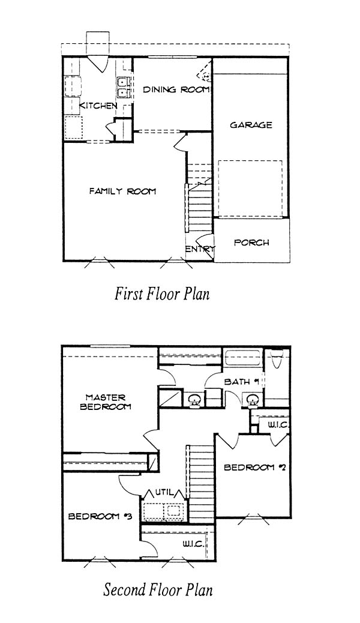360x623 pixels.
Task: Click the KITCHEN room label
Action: [x=98, y=106]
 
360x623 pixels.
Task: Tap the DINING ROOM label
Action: [x=176, y=89]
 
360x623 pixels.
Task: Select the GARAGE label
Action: [x=251, y=125]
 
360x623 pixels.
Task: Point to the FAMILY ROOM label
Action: [x=122, y=191]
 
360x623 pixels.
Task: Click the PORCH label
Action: [x=251, y=242]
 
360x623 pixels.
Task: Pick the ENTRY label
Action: [x=200, y=249]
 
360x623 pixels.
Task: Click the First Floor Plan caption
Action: [x=162, y=295]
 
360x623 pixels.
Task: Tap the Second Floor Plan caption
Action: [x=158, y=589]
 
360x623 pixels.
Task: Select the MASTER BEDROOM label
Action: [x=106, y=402]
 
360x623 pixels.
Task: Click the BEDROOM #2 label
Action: [x=255, y=467]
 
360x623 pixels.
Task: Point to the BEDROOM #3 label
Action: [x=100, y=517]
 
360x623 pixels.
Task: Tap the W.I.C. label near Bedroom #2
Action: [x=278, y=425]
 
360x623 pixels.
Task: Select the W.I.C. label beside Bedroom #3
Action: [x=194, y=544]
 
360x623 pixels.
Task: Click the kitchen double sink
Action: [x=123, y=87]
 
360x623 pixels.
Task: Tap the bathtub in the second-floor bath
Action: [x=242, y=359]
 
